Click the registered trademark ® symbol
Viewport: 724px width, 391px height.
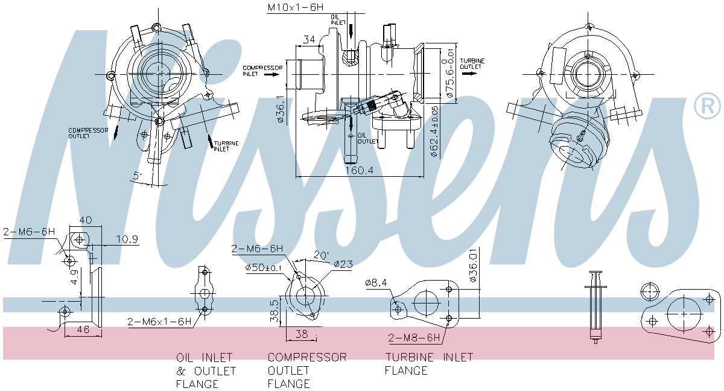707,106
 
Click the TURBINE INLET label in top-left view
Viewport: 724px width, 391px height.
226,146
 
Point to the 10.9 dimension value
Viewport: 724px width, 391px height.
127,240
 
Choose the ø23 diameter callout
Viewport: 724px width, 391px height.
343,264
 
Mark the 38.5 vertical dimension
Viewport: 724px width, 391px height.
274,311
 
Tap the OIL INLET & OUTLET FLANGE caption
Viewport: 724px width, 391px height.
206,370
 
